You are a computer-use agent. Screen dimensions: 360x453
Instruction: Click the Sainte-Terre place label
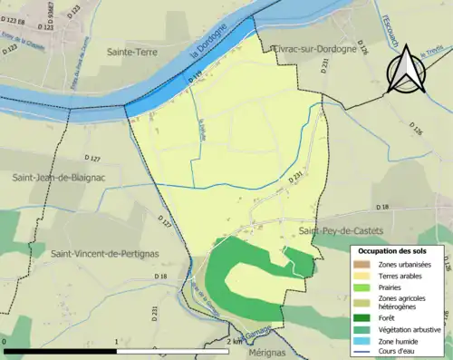click(136, 54)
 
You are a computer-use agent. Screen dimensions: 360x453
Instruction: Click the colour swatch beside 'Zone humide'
click(365, 339)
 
